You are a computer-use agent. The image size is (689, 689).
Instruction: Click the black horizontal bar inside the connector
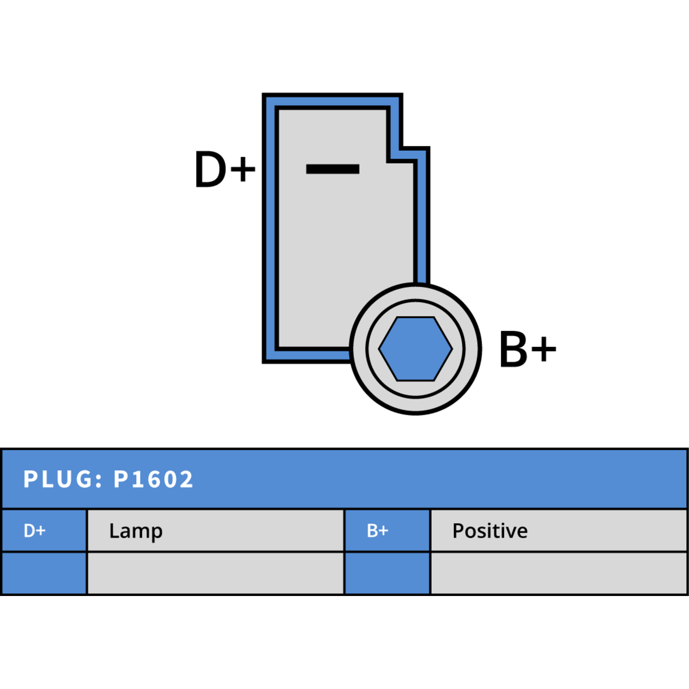(332, 169)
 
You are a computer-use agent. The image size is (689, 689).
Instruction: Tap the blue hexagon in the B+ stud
(416, 349)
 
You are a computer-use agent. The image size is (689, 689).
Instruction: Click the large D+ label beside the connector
(225, 169)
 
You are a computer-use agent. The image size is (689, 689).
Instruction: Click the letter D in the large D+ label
(210, 169)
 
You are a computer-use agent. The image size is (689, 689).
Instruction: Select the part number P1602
(153, 479)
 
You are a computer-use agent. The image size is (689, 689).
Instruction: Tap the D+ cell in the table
(44, 531)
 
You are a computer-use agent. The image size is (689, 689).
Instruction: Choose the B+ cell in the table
(388, 531)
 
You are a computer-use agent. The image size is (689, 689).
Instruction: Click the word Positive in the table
(490, 531)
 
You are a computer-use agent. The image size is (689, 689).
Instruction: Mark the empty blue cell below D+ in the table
(44, 573)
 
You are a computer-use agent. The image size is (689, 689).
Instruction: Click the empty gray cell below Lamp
(216, 573)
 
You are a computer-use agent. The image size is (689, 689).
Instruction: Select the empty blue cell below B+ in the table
(388, 573)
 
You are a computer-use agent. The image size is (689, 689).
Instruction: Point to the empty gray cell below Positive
(559, 573)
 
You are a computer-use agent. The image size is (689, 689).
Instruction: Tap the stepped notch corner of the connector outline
(401, 149)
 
